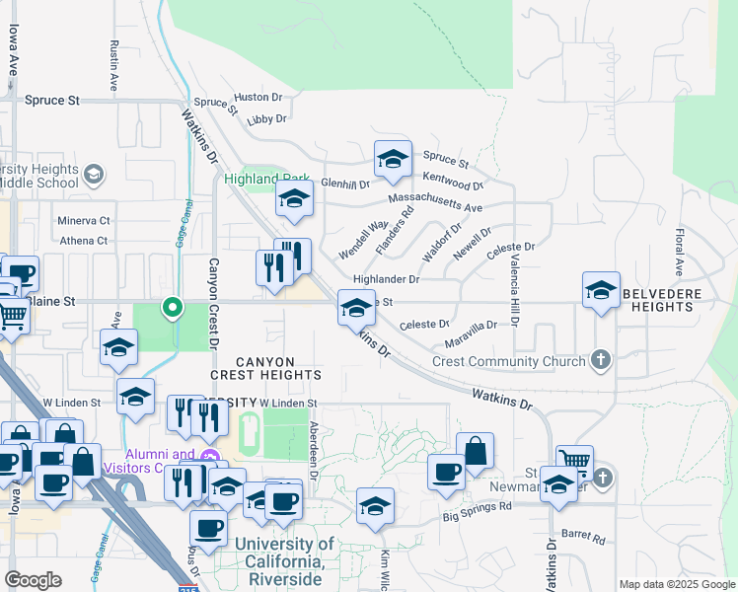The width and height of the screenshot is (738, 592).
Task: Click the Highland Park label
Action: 258,180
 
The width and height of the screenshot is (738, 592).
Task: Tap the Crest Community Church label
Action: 509,361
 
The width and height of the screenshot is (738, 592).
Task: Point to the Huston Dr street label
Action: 258,98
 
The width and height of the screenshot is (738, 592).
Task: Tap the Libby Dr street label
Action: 266,118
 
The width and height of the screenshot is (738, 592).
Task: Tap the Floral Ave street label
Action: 680,252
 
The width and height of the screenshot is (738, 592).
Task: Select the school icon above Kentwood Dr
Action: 393,160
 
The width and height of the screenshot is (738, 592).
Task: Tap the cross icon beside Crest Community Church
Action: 601,360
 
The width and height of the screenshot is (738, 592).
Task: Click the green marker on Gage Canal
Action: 173,308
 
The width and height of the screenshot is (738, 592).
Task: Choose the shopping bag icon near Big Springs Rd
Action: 475,451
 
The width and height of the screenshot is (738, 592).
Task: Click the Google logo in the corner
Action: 34,580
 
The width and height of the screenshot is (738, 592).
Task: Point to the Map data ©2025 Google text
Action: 677,585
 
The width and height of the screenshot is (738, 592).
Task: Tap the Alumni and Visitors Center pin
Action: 208,457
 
